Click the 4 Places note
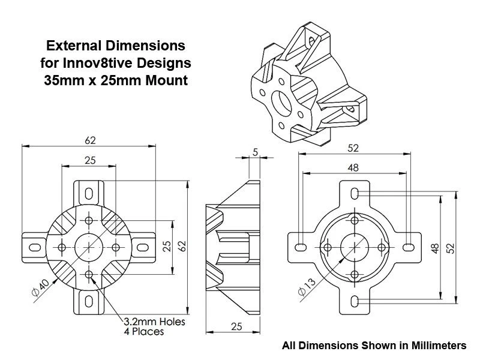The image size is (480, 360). point(143,332)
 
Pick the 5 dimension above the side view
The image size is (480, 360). point(256,153)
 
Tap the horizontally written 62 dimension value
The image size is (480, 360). point(90,140)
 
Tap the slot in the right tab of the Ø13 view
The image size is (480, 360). point(407,247)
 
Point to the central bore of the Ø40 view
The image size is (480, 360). point(89,247)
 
